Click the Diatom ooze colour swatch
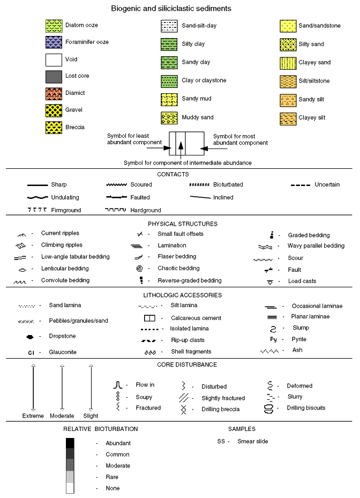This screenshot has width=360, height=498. coord(54,25)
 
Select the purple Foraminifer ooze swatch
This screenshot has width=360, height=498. coord(54,42)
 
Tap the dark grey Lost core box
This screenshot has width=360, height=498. coord(54,76)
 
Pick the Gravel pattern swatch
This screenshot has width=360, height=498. coord(54,110)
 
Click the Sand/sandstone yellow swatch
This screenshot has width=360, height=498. coord(288,26)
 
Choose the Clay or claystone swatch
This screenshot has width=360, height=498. coord(169,81)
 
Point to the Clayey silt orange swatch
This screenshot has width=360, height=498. coord(288,118)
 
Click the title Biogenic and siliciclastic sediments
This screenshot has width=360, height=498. coord(171,9)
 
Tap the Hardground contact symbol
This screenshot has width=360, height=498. coord(115,210)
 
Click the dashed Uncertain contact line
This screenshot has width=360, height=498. coord(301,185)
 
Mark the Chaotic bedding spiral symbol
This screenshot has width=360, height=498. coord(139,268)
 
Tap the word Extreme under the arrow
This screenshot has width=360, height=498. coord(33,416)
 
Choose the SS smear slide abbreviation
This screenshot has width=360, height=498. coord(221,442)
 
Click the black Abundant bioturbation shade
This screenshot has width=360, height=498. coord(70,443)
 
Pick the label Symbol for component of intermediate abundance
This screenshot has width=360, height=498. coord(187,162)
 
